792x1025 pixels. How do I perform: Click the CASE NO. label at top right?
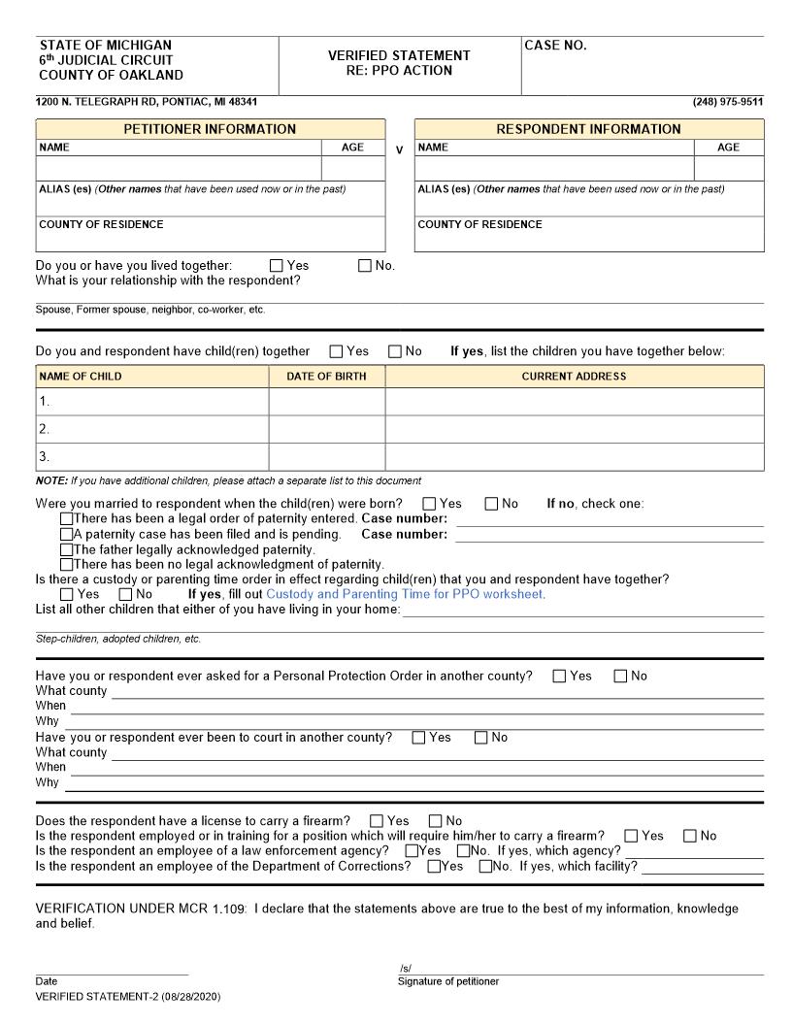[x=555, y=46]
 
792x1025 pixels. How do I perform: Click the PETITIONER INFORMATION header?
[x=210, y=129]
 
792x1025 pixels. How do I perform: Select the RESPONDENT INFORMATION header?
[x=588, y=129]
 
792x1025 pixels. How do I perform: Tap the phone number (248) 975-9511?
[x=727, y=102]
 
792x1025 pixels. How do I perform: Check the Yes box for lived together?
[x=277, y=266]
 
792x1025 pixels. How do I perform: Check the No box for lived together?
[x=365, y=266]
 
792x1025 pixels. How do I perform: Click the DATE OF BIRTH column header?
[x=326, y=377]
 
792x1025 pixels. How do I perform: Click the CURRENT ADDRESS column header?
[x=574, y=377]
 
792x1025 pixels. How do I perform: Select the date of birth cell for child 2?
[x=326, y=429]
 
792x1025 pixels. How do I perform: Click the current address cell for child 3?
[x=574, y=456]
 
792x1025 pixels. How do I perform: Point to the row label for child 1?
[x=45, y=401]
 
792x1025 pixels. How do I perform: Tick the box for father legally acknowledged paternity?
[x=66, y=549]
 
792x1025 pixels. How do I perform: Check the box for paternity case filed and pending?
[x=66, y=534]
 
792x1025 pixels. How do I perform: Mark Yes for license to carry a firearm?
[x=377, y=821]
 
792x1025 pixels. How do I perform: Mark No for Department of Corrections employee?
[x=485, y=867]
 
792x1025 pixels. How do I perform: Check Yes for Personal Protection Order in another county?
[x=559, y=677]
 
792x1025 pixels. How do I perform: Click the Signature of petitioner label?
[x=447, y=981]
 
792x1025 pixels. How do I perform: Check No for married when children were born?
[x=491, y=504]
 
